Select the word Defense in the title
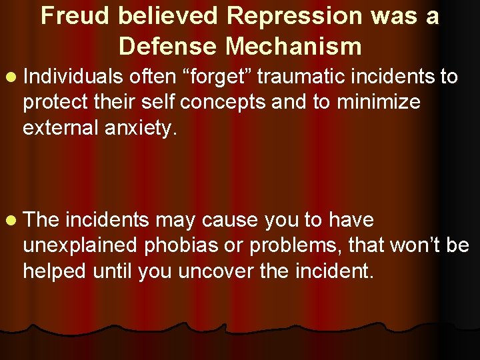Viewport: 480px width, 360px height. click(167, 46)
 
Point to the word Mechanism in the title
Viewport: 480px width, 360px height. click(293, 46)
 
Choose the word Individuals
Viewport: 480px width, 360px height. click(73, 77)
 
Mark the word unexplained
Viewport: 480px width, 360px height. click(79, 245)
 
